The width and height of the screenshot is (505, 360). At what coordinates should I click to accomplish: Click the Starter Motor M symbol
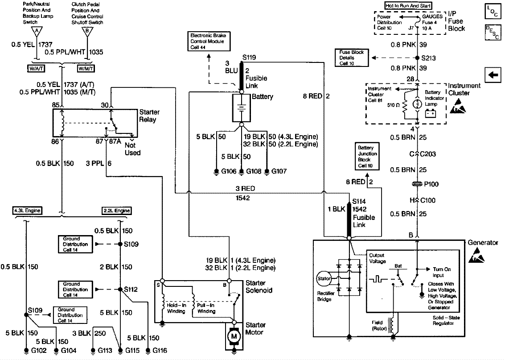(233, 335)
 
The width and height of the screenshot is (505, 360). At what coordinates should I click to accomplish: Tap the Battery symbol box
(241, 108)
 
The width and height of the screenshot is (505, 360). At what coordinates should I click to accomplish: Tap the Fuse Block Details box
(351, 58)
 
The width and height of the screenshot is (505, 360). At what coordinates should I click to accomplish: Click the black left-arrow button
(493, 75)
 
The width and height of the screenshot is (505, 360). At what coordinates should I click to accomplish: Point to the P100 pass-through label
(430, 184)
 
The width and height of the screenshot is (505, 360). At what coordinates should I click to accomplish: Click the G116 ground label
(159, 351)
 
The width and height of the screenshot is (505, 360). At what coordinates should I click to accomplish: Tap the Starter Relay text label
(149, 116)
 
